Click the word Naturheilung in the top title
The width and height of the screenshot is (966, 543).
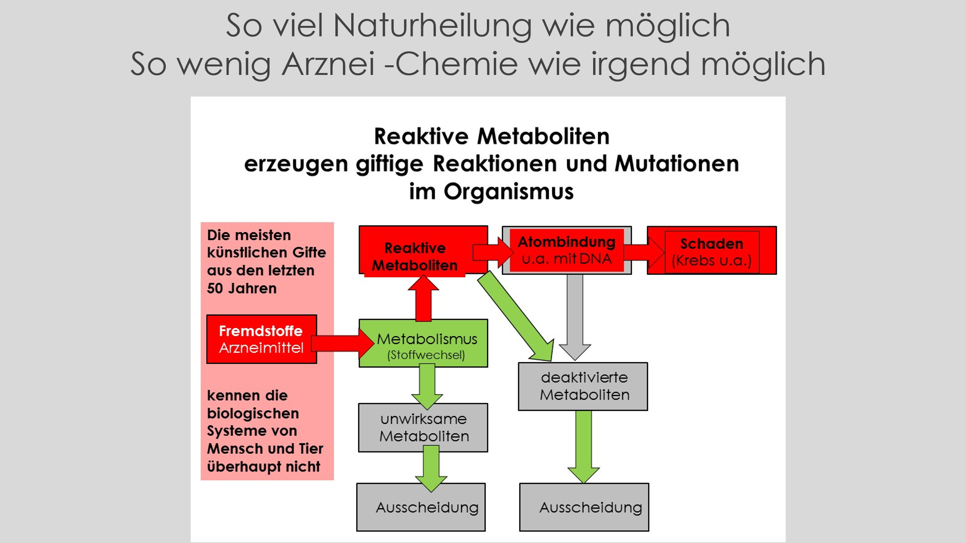coord(432,25)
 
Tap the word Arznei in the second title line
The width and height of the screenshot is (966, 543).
coord(328,64)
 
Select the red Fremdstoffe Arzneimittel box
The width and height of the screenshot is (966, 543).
coord(262,339)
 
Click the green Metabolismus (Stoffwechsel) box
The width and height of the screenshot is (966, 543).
coord(423,343)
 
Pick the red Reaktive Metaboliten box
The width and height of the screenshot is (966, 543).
coord(423,251)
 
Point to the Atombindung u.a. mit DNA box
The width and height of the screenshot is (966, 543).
coord(567,250)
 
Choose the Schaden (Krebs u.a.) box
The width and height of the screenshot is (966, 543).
coord(712,250)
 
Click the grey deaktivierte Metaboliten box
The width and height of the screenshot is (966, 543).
coord(583,386)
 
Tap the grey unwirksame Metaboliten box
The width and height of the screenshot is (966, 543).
coord(423,428)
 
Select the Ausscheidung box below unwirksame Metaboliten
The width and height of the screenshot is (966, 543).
coord(421,507)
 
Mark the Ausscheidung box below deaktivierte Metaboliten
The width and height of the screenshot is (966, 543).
coord(584,507)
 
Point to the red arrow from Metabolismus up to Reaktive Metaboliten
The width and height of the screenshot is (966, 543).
coord(423,298)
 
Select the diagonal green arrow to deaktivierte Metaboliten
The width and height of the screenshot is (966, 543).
coord(516,316)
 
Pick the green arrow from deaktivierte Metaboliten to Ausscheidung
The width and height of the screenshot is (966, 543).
coord(583,447)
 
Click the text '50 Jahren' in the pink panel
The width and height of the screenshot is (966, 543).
coord(242,288)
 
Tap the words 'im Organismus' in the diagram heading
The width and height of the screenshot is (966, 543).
coord(492,192)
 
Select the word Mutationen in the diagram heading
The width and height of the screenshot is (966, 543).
coord(677,163)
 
